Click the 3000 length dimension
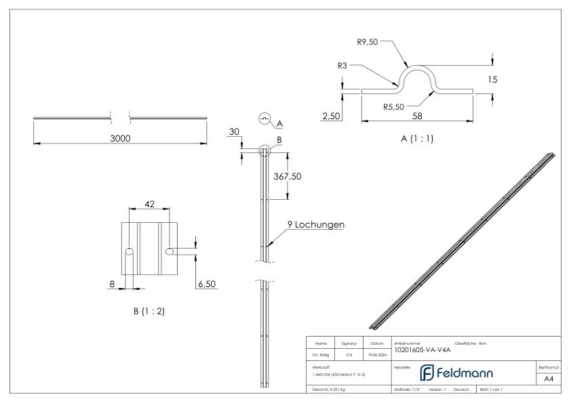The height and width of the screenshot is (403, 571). [x=121, y=138]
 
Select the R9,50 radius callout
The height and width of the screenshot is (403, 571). [x=369, y=41]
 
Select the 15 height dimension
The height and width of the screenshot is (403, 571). [x=492, y=80]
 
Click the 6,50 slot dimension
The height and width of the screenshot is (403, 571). [x=206, y=284]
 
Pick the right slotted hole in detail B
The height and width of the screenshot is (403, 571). [x=170, y=251]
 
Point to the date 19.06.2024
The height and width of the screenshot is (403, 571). [x=376, y=353]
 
